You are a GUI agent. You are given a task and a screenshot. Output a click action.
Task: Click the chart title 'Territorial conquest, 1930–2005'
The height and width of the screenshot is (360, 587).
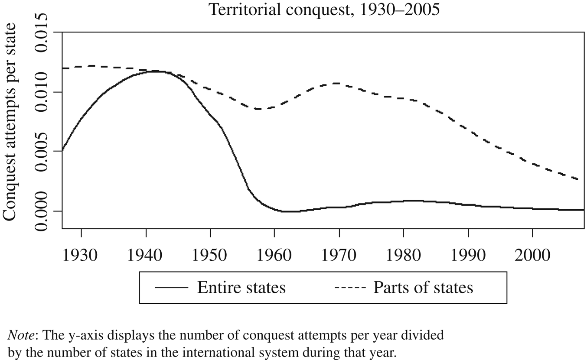tap(324, 9)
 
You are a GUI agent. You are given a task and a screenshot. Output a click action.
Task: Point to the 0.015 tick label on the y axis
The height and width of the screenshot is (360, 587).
tap(44, 32)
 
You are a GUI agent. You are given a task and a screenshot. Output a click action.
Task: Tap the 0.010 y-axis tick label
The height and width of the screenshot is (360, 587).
tap(44, 92)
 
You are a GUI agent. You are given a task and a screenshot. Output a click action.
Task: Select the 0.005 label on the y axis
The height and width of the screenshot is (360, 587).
tap(44, 152)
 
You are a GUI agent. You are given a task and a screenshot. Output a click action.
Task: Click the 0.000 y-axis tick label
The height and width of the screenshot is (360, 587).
tap(44, 211)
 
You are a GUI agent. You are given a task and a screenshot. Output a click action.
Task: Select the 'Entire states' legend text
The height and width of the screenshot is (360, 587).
tap(241, 288)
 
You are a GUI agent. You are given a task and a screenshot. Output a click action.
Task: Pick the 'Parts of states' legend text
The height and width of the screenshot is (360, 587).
tap(423, 288)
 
